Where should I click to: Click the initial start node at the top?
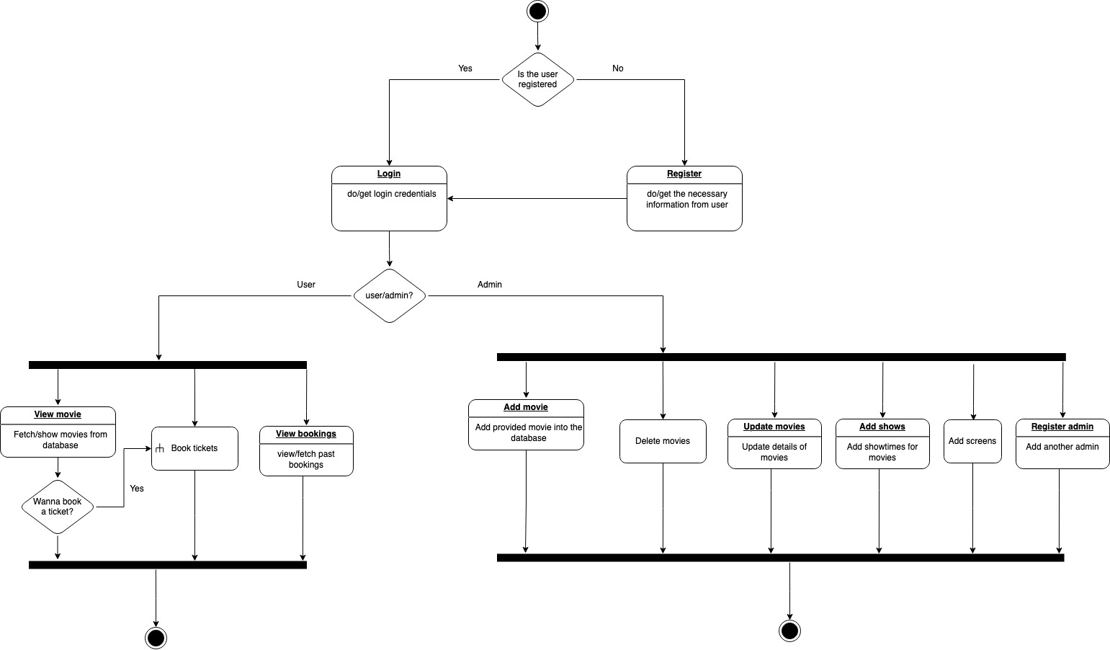537,12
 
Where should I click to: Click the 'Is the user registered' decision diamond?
538,79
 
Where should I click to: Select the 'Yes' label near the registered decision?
465,68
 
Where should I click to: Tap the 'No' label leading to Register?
618,68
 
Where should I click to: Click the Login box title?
389,174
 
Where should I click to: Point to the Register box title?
684,174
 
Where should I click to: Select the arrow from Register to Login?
537,198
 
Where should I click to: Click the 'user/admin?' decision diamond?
390,295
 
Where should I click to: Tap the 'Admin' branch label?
490,285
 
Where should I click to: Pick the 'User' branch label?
306,285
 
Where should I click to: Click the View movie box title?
58,414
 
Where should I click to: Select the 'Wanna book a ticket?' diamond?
58,507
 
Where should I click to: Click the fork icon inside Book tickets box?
160,448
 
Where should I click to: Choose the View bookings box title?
306,434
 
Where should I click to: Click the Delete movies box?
663,441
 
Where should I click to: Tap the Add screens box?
972,441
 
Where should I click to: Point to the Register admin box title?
1062,427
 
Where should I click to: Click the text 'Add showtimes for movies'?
882,452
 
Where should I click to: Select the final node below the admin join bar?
789,631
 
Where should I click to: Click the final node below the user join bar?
156,638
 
